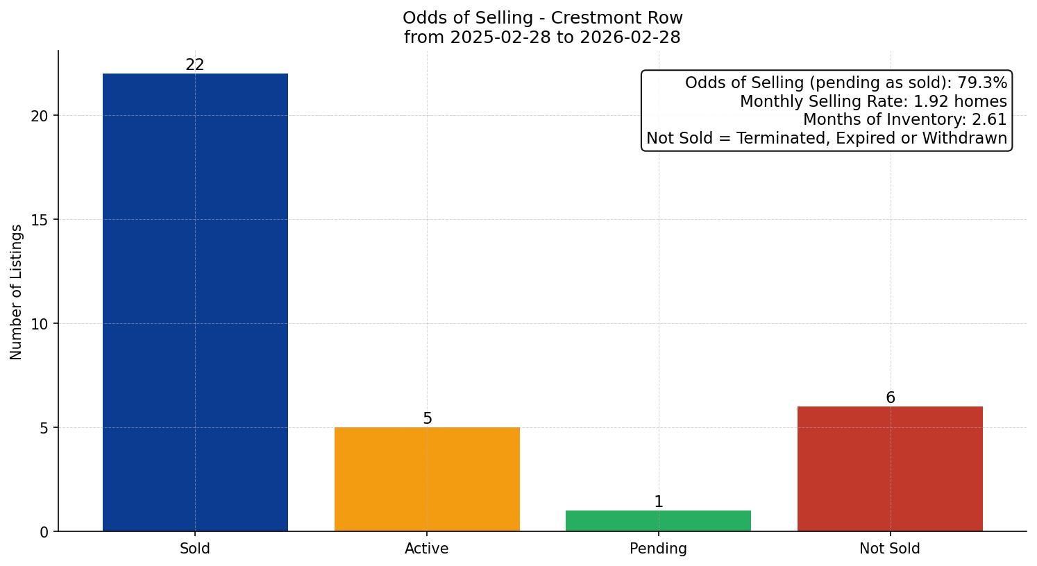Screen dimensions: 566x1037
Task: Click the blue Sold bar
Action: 195,302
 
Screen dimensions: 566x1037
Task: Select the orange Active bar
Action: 427,479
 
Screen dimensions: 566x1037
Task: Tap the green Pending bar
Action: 658,521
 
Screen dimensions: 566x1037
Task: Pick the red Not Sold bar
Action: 890,469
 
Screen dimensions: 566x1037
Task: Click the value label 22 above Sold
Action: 195,65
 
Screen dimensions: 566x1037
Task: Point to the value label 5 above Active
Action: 427,419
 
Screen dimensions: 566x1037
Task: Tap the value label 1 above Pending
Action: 658,502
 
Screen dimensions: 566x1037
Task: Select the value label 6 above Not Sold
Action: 890,398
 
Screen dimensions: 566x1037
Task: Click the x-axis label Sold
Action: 195,549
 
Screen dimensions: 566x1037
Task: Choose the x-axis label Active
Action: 427,549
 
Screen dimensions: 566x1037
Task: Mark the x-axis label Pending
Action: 658,549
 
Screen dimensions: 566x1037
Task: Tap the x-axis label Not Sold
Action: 890,549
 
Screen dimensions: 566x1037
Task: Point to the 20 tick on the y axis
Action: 40,116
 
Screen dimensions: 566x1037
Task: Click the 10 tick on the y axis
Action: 40,324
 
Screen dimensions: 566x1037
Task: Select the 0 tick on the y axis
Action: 44,532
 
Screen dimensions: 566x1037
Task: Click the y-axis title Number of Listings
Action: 17,292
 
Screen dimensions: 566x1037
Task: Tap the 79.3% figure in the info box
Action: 982,83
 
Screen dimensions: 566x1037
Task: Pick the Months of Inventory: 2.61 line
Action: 904,120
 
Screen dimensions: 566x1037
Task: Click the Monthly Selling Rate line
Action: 873,102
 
